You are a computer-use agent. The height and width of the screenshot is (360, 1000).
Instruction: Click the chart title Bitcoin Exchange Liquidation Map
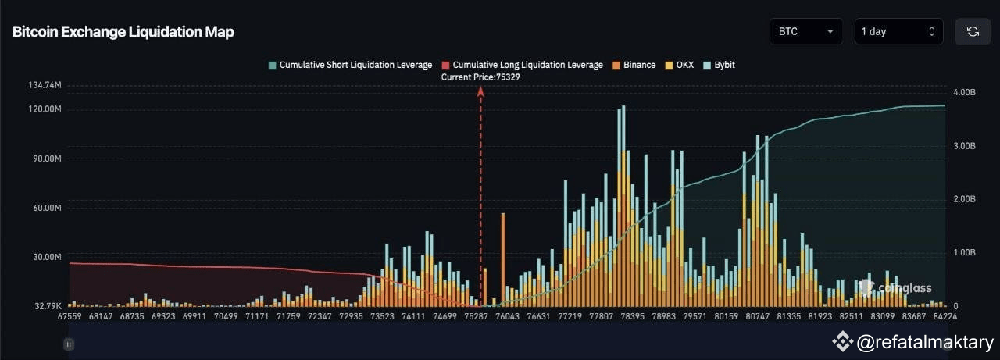[123, 32]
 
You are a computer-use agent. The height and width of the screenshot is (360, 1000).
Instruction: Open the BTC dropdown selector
[805, 32]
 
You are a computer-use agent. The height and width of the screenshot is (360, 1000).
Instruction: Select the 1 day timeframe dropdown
[898, 32]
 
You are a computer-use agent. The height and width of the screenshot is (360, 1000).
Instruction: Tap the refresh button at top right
[973, 32]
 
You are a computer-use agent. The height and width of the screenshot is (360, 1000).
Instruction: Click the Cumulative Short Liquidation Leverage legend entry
[349, 65]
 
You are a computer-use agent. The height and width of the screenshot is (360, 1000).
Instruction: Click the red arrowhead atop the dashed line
[480, 91]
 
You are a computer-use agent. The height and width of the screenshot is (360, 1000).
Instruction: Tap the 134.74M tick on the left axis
[44, 85]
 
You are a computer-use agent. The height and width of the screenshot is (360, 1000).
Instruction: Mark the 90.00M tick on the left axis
[45, 159]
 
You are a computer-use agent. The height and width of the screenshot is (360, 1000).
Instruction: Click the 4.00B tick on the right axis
[965, 92]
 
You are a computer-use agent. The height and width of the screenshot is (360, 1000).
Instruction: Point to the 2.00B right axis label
[965, 200]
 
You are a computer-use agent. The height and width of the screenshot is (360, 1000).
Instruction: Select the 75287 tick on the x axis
[475, 317]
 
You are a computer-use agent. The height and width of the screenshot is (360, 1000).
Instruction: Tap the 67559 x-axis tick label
[69, 317]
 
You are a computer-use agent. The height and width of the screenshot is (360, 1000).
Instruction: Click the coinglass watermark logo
[895, 288]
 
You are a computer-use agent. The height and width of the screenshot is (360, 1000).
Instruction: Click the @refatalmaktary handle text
[925, 342]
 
